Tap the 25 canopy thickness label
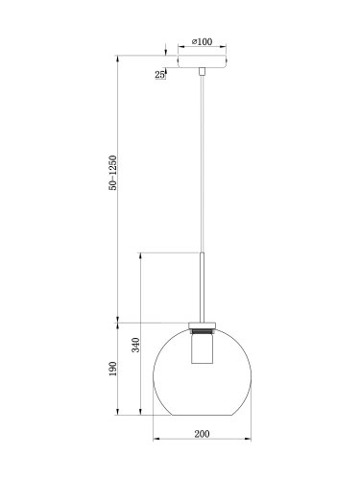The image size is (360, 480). [x=157, y=73]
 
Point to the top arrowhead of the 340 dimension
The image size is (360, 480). [x=144, y=254]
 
